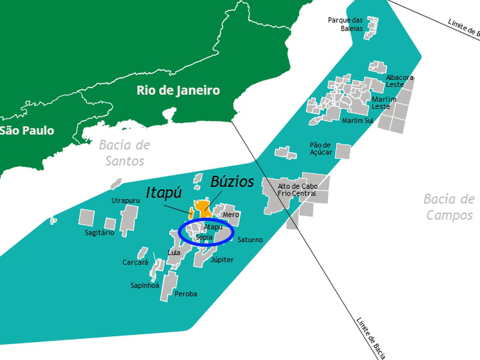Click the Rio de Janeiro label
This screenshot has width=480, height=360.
click(178, 90)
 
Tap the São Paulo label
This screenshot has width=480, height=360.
click(27, 131)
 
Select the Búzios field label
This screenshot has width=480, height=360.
click(232, 181)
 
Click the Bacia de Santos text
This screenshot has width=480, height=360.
click(125, 152)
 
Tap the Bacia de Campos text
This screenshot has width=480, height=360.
click(450, 207)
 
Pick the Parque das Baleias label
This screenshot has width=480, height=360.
click(345, 24)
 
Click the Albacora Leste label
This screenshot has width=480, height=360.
click(400, 81)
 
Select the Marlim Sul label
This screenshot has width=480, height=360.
click(357, 121)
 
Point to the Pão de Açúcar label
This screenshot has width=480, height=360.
click(320, 149)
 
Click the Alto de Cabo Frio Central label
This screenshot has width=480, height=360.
click(298, 190)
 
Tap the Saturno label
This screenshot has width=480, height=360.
click(250, 239)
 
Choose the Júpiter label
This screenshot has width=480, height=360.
click(221, 260)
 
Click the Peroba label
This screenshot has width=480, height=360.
click(186, 294)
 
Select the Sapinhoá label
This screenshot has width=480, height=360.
click(145, 286)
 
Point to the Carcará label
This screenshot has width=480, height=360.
click(135, 262)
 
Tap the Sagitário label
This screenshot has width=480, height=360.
click(99, 233)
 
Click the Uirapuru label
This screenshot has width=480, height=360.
click(125, 200)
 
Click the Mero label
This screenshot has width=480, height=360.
click(231, 215)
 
